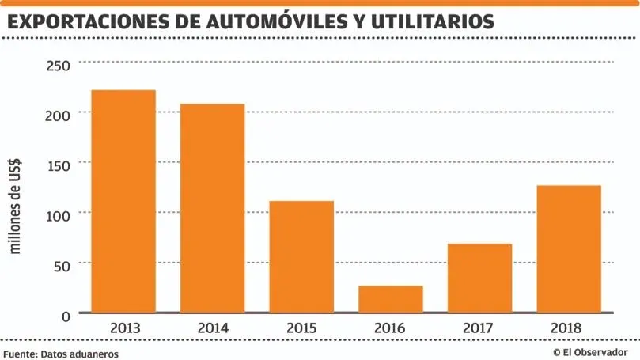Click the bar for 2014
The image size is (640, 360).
point(212,208)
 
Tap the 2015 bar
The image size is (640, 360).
point(301,256)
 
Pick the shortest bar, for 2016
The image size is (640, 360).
point(391,298)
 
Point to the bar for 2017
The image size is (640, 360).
point(479,278)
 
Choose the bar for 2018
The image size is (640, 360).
point(569,248)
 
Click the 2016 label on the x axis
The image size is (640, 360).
point(391,328)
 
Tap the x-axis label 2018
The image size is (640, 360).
point(569,328)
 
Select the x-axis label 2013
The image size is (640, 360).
point(123,328)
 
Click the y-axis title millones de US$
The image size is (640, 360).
point(15,206)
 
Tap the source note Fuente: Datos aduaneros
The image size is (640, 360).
point(61,354)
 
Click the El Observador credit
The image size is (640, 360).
point(590,352)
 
